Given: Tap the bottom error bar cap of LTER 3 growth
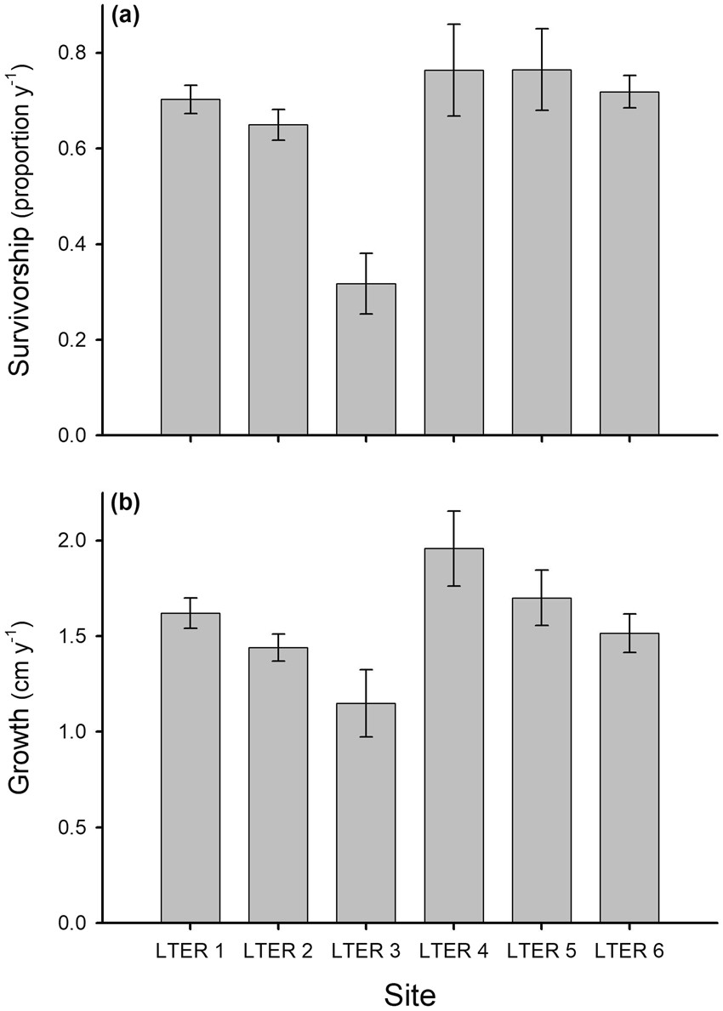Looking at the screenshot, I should click(x=366, y=736).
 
